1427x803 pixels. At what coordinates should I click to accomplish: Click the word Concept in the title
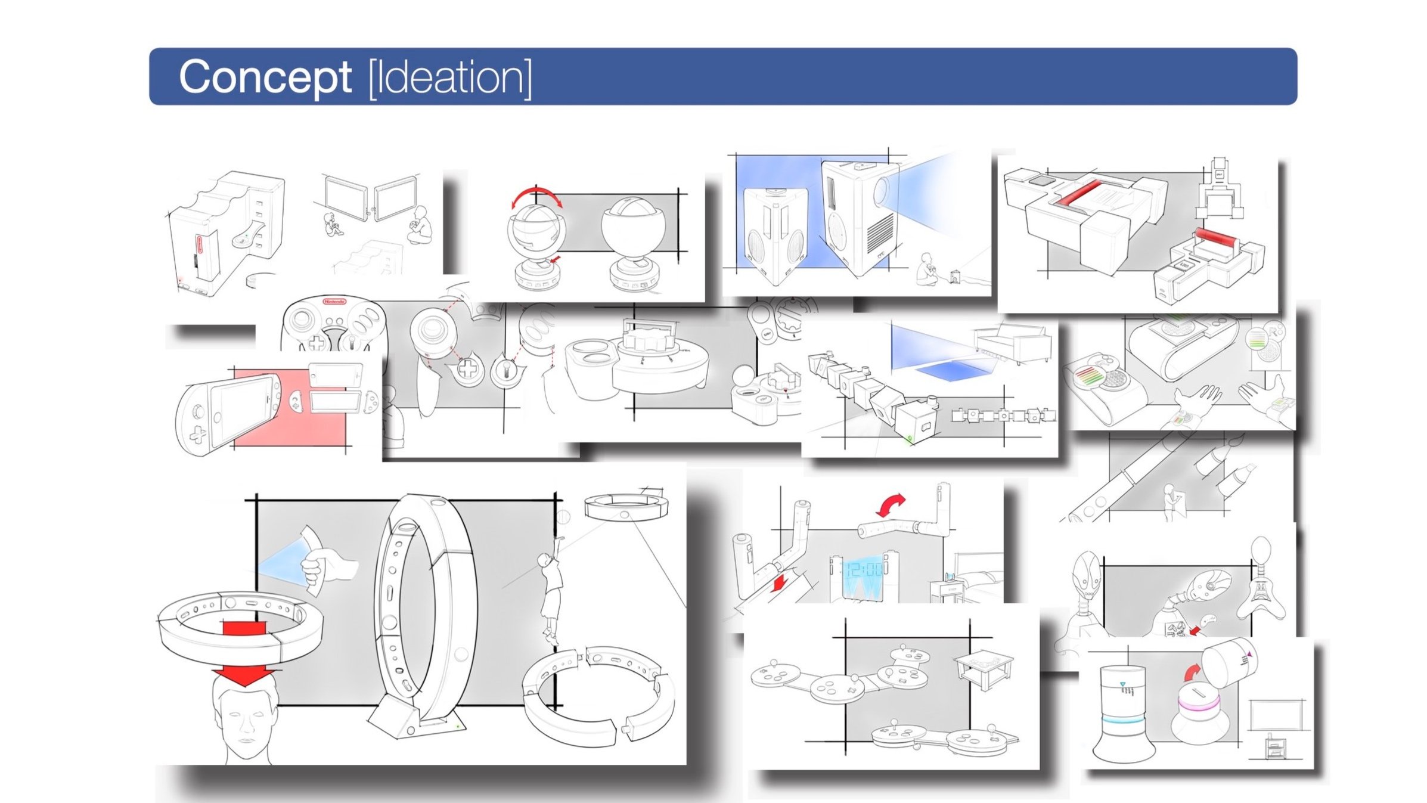click(x=265, y=77)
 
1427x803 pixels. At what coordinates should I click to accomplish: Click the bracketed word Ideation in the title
click(x=450, y=77)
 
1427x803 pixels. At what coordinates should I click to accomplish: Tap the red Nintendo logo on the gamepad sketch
click(x=334, y=302)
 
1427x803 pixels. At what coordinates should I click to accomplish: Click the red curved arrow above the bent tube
click(x=892, y=504)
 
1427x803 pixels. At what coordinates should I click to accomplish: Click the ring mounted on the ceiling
click(x=626, y=506)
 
